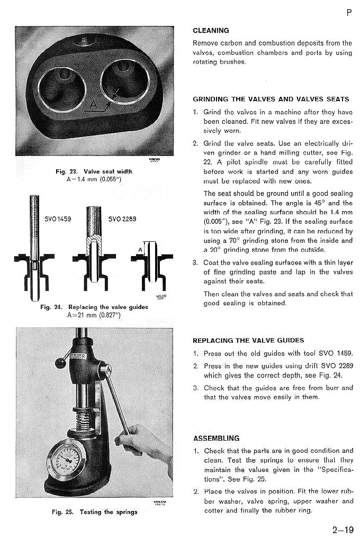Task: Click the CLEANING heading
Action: point(211,31)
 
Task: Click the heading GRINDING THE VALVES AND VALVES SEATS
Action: point(271,99)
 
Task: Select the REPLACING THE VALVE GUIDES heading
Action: point(248,341)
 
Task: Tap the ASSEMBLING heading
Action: point(216,438)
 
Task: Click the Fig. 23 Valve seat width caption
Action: point(94,171)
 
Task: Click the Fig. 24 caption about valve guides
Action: point(94,307)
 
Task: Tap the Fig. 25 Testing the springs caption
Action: point(94,512)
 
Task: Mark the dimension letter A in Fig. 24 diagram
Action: point(141,250)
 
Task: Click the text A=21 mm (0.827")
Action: point(94,315)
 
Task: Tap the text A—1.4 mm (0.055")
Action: point(94,179)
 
